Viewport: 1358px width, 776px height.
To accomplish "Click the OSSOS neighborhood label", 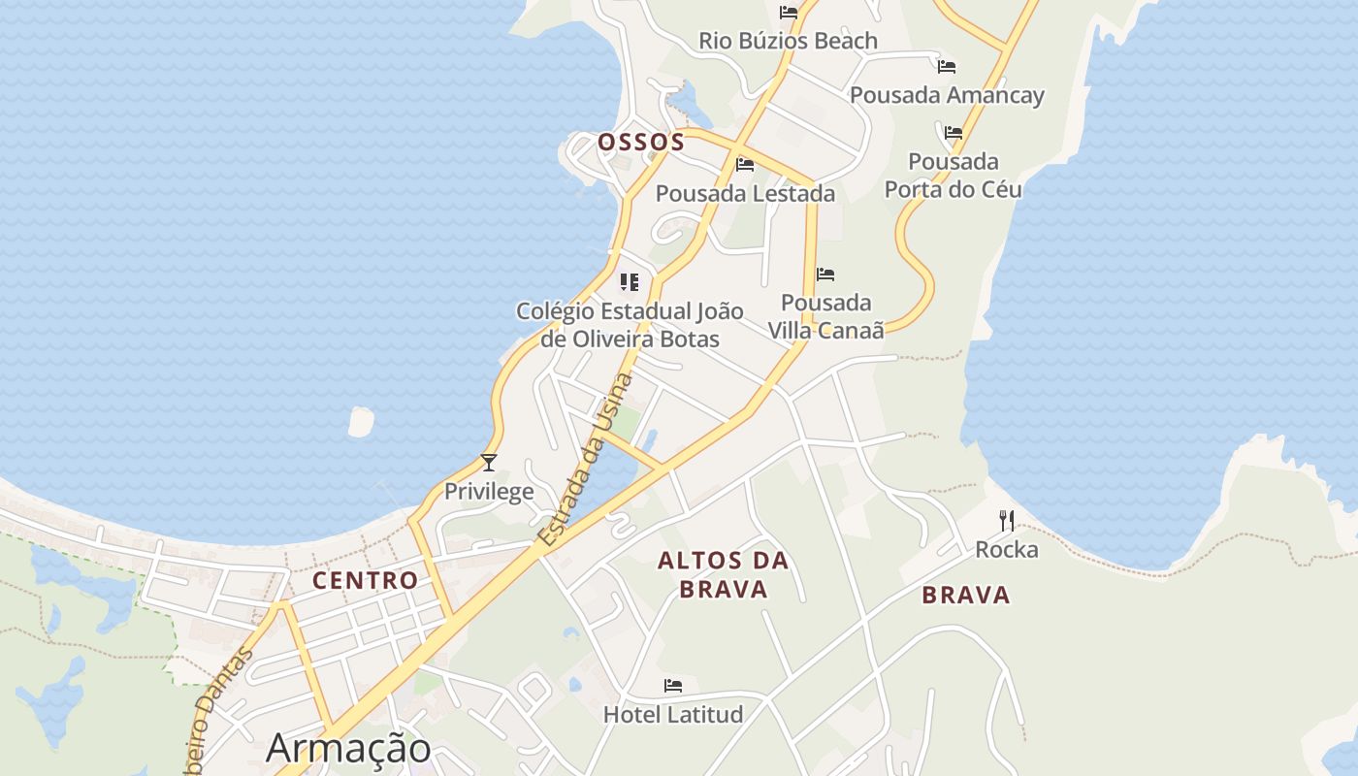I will point(641,142).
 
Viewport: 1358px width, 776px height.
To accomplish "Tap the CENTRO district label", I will point(365,580).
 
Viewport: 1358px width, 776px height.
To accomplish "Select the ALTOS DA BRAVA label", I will point(724,574).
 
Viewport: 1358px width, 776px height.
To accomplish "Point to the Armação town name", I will point(348,748).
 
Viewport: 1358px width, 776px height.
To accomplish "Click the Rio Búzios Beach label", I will point(788,41).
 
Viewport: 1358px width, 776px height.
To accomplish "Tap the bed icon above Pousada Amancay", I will point(947,67).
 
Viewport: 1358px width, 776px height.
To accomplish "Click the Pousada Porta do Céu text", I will point(954,175).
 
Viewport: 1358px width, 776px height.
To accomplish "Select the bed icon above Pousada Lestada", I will point(745,165).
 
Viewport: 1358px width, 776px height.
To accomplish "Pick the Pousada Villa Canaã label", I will point(826,316).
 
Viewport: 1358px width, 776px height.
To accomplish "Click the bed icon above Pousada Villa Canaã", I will point(825,275).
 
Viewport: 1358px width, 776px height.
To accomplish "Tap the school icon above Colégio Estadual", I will point(630,282).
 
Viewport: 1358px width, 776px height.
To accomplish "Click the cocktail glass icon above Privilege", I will point(489,463).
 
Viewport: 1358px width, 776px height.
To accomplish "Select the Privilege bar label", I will point(489,491).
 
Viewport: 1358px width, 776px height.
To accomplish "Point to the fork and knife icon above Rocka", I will point(1007,521).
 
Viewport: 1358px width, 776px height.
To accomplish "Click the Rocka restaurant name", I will point(1007,549).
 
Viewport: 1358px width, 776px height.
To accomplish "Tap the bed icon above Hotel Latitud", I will point(673,686).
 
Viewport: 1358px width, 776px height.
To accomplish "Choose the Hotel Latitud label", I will point(673,714).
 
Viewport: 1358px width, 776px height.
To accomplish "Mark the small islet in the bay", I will point(361,421).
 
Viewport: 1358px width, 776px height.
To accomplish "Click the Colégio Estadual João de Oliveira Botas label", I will point(630,325).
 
